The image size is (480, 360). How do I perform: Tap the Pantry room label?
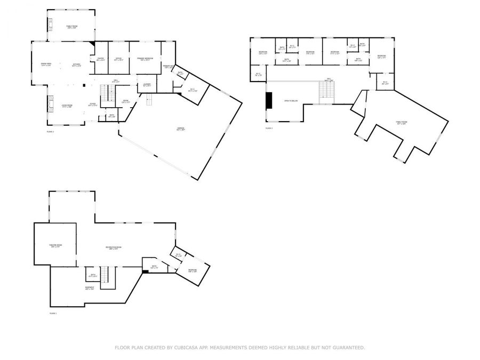pyautogui.click(x=100, y=59)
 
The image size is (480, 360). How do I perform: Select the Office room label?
pyautogui.click(x=118, y=59)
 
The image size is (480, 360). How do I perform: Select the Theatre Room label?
pyautogui.click(x=55, y=245)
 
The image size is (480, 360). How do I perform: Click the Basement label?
pyautogui.click(x=90, y=289)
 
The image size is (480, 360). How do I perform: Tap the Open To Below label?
pyautogui.click(x=291, y=100)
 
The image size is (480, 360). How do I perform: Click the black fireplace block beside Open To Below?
pyautogui.click(x=269, y=100)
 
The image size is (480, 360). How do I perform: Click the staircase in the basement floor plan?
pyautogui.click(x=108, y=278)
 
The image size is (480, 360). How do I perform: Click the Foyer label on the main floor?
pyautogui.click(x=92, y=105)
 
